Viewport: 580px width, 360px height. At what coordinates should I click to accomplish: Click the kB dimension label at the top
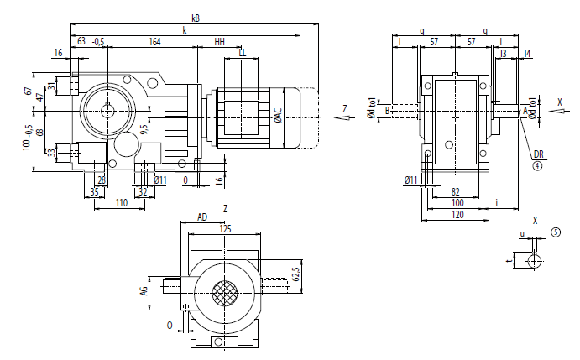pos(195,16)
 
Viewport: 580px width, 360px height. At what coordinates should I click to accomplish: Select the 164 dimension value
pos(155,41)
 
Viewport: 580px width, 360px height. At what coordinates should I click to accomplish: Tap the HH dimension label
pos(220,41)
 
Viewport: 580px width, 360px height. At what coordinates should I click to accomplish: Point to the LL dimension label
pos(243,53)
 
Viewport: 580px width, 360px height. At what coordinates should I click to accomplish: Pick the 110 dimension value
pos(121,203)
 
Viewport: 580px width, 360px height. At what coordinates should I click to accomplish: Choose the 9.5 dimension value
pos(144,129)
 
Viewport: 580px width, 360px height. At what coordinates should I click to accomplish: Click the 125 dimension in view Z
pos(225,228)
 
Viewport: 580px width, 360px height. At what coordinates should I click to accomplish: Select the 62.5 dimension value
pos(295,275)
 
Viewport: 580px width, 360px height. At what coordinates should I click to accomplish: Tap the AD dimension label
pos(202,217)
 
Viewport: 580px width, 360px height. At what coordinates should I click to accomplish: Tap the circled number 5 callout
pos(555,231)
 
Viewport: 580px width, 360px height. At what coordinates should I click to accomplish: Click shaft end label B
pos(387,110)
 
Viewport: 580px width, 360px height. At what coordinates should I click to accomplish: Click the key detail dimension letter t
pos(509,261)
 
